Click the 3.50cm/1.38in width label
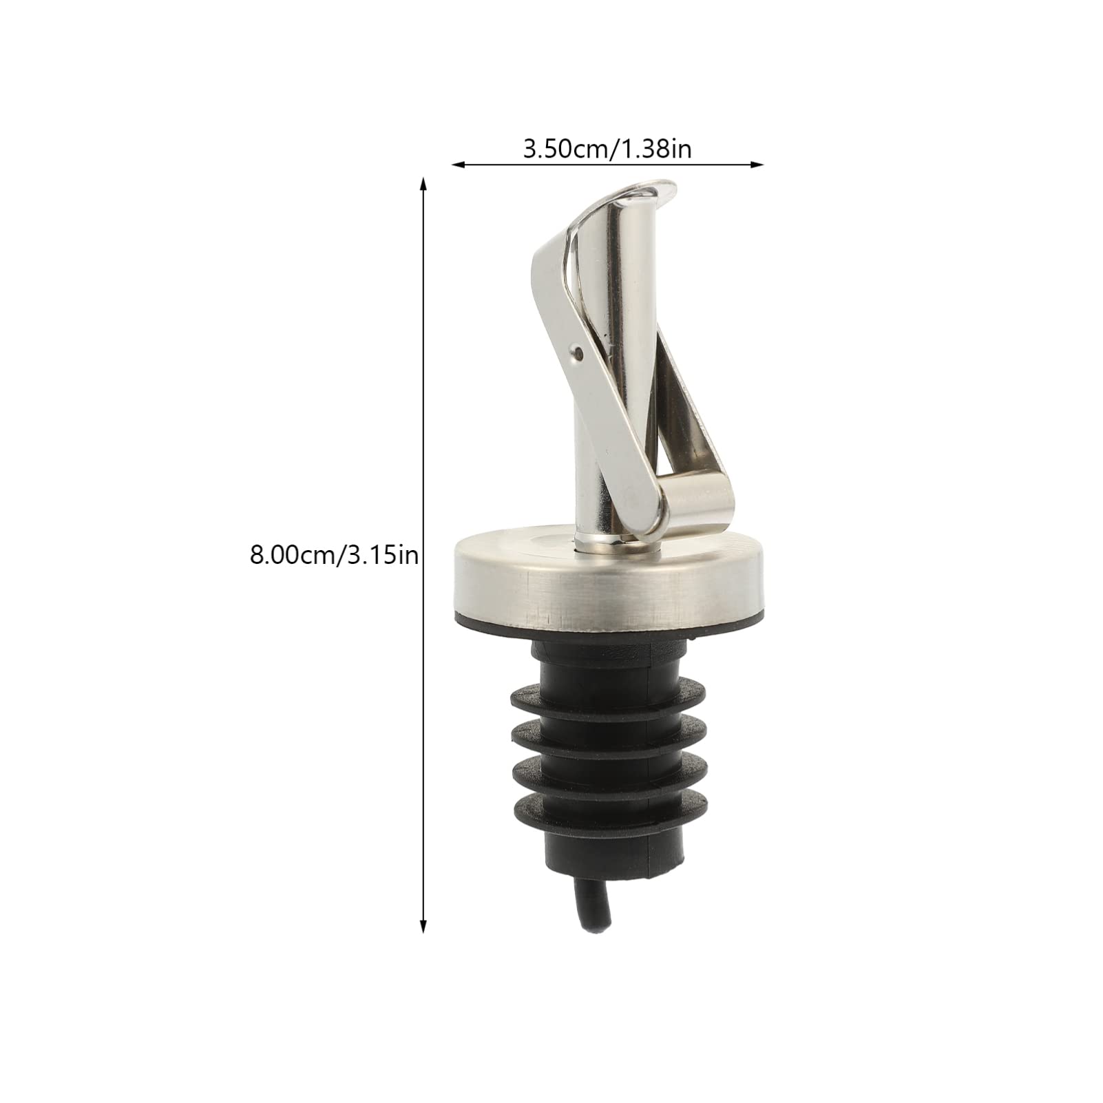(607, 149)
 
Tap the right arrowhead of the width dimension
(758, 165)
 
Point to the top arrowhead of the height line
(423, 183)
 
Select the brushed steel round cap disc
(578, 568)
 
